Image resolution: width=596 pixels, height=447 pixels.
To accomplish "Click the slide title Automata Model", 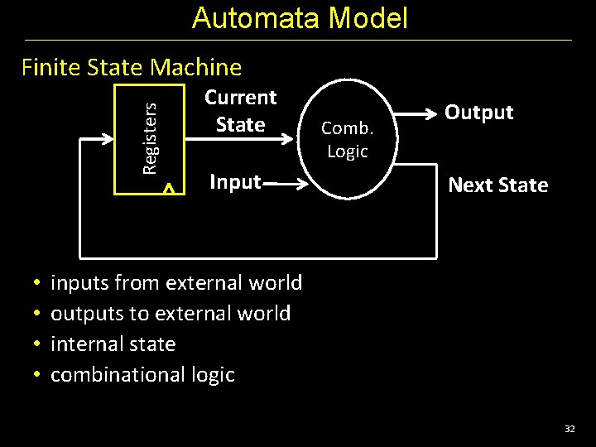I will point(300,18).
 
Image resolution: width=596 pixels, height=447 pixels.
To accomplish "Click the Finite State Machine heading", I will point(132,67).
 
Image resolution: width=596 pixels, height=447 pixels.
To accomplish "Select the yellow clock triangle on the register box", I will point(169,190).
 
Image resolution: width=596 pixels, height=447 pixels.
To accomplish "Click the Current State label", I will point(240,111).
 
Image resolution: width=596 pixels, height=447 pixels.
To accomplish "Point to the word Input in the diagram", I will point(235,181).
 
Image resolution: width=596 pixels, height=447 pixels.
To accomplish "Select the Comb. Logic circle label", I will point(348,139).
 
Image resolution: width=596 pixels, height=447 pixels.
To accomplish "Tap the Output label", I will point(479,113).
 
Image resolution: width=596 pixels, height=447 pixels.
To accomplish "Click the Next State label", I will point(497,185).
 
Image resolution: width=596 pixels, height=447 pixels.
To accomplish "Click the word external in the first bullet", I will point(203,283).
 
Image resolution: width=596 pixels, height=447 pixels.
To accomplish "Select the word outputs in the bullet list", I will point(83,314).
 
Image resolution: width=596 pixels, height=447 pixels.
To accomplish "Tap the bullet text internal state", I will point(113,344).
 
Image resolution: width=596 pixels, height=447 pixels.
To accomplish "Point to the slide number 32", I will point(570,429).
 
